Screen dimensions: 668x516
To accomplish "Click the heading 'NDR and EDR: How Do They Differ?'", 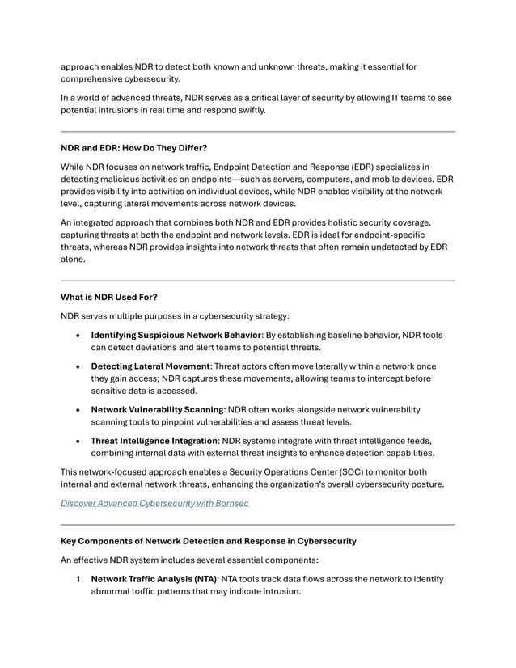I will (x=134, y=148).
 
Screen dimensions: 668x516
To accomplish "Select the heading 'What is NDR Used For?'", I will (x=109, y=297).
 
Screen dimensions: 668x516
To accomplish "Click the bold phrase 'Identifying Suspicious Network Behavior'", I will (x=176, y=335).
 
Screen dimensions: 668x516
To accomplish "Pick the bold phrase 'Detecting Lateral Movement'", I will (x=150, y=366).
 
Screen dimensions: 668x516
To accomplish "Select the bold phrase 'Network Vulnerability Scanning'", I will (x=156, y=409).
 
